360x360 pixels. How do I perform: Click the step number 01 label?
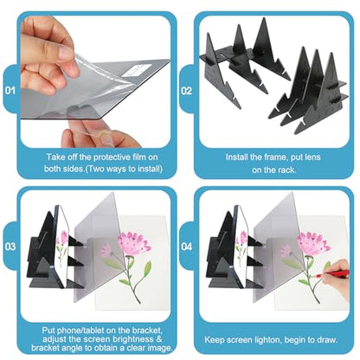10,91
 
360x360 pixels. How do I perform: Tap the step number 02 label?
187,91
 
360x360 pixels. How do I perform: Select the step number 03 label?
10,247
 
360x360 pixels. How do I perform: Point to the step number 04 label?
187,247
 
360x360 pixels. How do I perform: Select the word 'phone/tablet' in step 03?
79,331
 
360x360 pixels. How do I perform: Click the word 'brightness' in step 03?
132,339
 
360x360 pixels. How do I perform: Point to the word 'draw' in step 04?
328,339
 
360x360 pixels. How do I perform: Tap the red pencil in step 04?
331,273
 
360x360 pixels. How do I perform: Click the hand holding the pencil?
337,278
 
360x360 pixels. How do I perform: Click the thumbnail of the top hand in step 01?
66,54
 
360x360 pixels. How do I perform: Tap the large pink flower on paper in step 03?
134,243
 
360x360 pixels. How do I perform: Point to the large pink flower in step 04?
313,243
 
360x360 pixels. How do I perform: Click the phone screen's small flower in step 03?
64,237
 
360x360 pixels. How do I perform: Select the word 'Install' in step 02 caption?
236,157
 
